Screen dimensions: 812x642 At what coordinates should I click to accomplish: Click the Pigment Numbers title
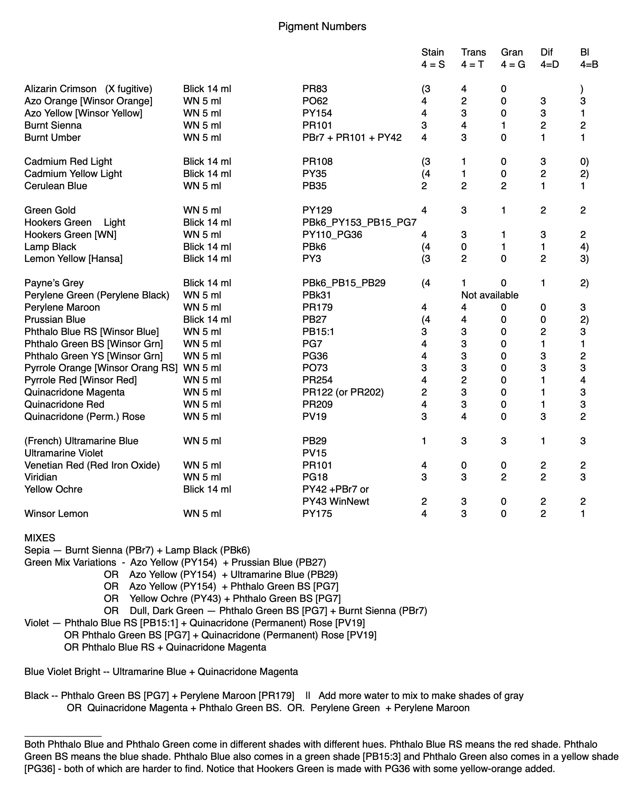point(322,26)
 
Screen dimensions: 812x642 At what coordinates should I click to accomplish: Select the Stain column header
point(432,52)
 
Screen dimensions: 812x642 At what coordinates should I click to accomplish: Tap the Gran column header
point(512,52)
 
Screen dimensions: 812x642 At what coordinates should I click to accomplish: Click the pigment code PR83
point(315,89)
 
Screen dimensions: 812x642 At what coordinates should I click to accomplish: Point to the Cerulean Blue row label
point(56,186)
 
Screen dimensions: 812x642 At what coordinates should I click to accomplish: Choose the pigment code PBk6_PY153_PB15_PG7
point(359,222)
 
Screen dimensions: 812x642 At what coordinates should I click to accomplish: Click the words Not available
point(489,295)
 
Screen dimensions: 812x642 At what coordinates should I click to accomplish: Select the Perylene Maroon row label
point(62,307)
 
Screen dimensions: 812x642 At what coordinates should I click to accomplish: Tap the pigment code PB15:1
point(318,332)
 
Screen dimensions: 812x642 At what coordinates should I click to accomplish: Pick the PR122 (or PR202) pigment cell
point(343,392)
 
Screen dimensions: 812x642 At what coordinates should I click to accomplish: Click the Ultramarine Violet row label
point(64,453)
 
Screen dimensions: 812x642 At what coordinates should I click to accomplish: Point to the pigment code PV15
point(314,453)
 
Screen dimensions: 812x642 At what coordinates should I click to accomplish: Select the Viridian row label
point(41,477)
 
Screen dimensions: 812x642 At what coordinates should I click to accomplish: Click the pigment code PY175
point(317,514)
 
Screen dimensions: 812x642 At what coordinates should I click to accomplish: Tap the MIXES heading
point(40,538)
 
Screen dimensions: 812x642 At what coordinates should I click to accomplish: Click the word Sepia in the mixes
point(37,550)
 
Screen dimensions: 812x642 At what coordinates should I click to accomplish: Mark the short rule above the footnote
point(63,737)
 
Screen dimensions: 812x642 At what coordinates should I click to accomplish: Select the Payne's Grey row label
point(54,283)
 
